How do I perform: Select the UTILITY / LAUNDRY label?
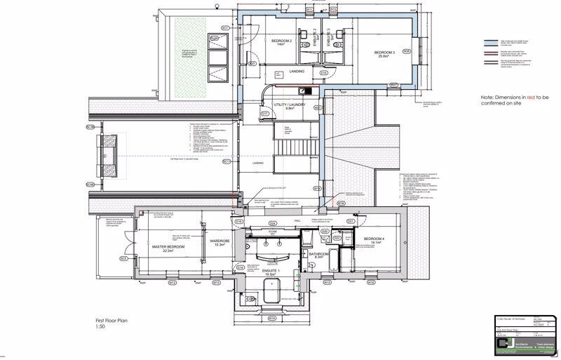(289, 105)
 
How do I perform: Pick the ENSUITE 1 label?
(270, 271)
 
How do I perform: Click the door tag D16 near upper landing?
(323, 72)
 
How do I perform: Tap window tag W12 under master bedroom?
(172, 284)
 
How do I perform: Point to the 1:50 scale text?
(102, 327)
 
